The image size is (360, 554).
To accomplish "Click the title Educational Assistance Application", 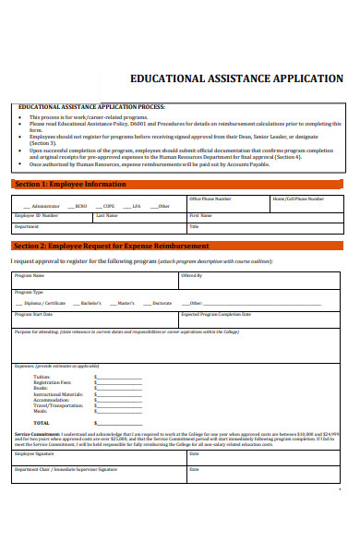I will (237, 79).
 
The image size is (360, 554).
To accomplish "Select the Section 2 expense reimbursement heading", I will (111, 247).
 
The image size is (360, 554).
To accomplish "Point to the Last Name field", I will (138, 219).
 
